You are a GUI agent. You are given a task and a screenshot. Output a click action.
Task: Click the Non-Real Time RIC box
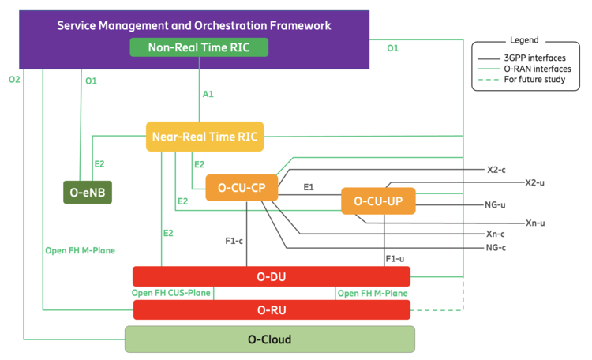pyautogui.click(x=199, y=47)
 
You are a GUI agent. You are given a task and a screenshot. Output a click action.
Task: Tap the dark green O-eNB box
pyautogui.click(x=88, y=192)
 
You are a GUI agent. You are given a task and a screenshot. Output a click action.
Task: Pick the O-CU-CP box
pyautogui.click(x=241, y=188)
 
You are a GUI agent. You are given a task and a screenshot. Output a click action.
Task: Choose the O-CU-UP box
pyautogui.click(x=378, y=201)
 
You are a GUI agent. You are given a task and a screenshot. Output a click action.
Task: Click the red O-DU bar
pyautogui.click(x=272, y=276)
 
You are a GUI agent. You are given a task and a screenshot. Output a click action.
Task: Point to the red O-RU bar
pyautogui.click(x=272, y=309)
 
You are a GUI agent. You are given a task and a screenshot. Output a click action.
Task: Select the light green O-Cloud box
pyautogui.click(x=270, y=339)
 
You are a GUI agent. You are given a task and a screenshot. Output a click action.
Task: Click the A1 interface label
pyautogui.click(x=208, y=94)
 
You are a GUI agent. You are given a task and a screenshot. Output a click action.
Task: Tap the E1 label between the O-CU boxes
pyautogui.click(x=309, y=188)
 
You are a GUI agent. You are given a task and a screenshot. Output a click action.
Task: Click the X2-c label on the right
pyautogui.click(x=496, y=169)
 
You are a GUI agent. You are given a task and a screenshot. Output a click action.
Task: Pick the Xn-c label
pyautogui.click(x=496, y=234)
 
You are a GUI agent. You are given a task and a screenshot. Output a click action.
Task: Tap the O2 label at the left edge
pyautogui.click(x=13, y=80)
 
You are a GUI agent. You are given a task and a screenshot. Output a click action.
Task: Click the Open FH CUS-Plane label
pyautogui.click(x=171, y=293)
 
